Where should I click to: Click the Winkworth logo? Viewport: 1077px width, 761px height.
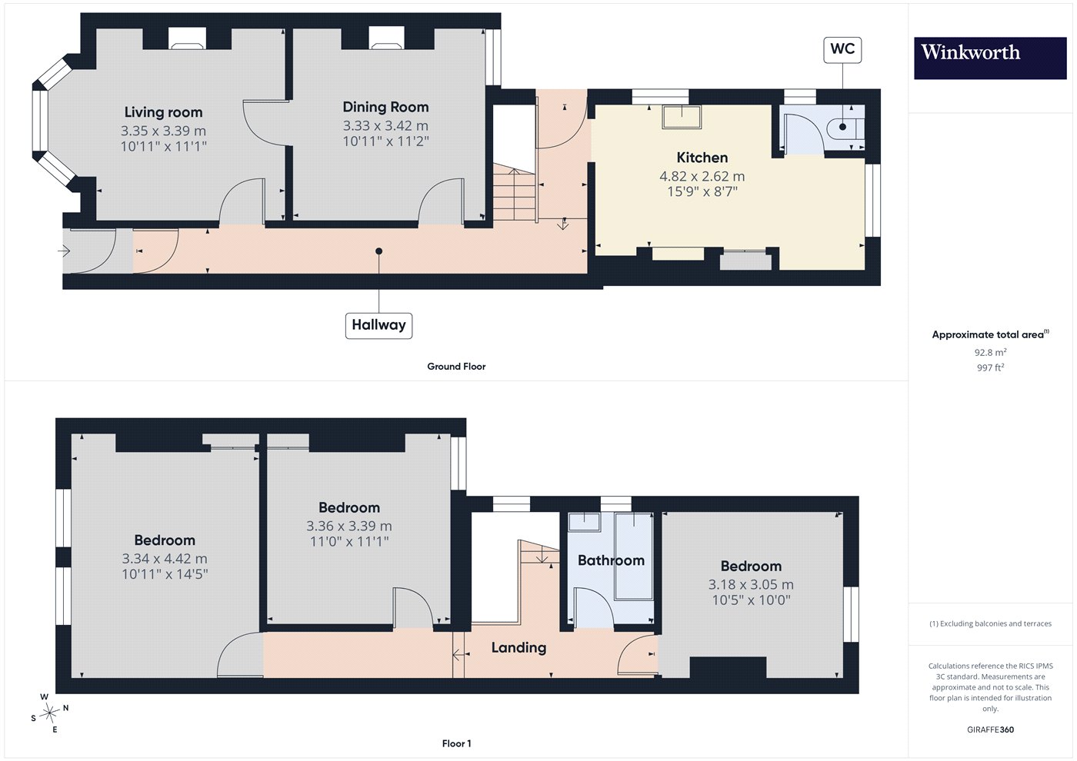point(990,58)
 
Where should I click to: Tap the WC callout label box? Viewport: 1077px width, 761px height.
point(842,49)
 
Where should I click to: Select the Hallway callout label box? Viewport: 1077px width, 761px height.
point(378,325)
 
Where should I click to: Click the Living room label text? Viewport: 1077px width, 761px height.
point(163,112)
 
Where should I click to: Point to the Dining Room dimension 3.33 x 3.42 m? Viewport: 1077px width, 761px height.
point(385,125)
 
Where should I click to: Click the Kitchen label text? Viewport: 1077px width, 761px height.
point(702,157)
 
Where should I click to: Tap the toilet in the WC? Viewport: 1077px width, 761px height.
point(845,128)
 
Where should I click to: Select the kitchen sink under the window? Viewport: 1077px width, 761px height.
point(682,116)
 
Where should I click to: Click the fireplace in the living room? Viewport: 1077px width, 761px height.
point(187,38)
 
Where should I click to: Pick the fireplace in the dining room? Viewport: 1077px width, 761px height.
point(386,38)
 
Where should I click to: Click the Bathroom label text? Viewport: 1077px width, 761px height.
point(611,560)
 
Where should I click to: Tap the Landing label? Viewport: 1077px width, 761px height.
point(518,647)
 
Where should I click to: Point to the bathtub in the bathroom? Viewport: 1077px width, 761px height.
point(634,557)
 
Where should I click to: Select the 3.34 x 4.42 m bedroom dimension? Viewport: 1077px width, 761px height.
point(165,558)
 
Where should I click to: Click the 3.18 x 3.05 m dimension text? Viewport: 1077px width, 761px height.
point(751,584)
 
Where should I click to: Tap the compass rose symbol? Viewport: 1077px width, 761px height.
point(48,713)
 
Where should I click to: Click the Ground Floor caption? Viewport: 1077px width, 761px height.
point(456,366)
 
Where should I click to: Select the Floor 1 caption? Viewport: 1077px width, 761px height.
point(456,743)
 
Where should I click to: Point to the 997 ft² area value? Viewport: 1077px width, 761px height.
point(991,367)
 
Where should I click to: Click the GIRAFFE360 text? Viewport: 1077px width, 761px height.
point(991,729)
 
